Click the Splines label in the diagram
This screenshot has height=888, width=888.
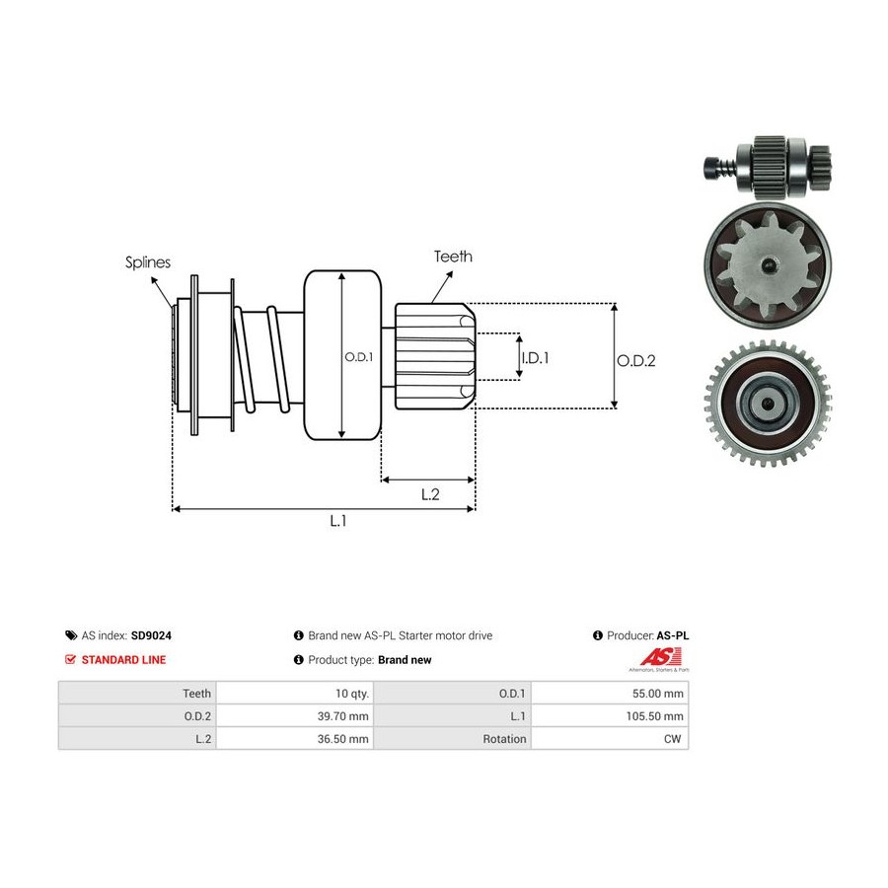tap(148, 262)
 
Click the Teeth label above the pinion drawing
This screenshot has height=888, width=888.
tap(453, 257)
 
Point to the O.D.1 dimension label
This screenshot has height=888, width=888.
tap(359, 357)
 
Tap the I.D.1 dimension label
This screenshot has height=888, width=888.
tap(535, 358)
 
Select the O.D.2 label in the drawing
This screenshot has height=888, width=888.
tap(636, 361)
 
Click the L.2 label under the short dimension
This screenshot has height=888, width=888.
tap(430, 494)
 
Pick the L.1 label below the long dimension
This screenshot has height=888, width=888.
tap(338, 520)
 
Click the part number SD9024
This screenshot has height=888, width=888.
tap(151, 635)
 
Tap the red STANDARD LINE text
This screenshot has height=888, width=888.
tap(123, 660)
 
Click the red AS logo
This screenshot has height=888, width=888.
tap(659, 658)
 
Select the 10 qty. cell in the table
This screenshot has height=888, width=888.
tap(351, 694)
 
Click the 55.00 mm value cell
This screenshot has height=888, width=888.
tap(657, 694)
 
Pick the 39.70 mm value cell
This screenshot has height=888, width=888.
tap(342, 716)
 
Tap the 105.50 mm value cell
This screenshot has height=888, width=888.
tap(655, 716)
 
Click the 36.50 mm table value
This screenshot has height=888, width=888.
tap(342, 739)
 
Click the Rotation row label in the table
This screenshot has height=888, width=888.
tap(504, 739)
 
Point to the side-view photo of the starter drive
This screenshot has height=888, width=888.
tap(768, 167)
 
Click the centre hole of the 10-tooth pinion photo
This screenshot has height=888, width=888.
tap(768, 264)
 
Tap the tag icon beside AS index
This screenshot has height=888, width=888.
tap(71, 635)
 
